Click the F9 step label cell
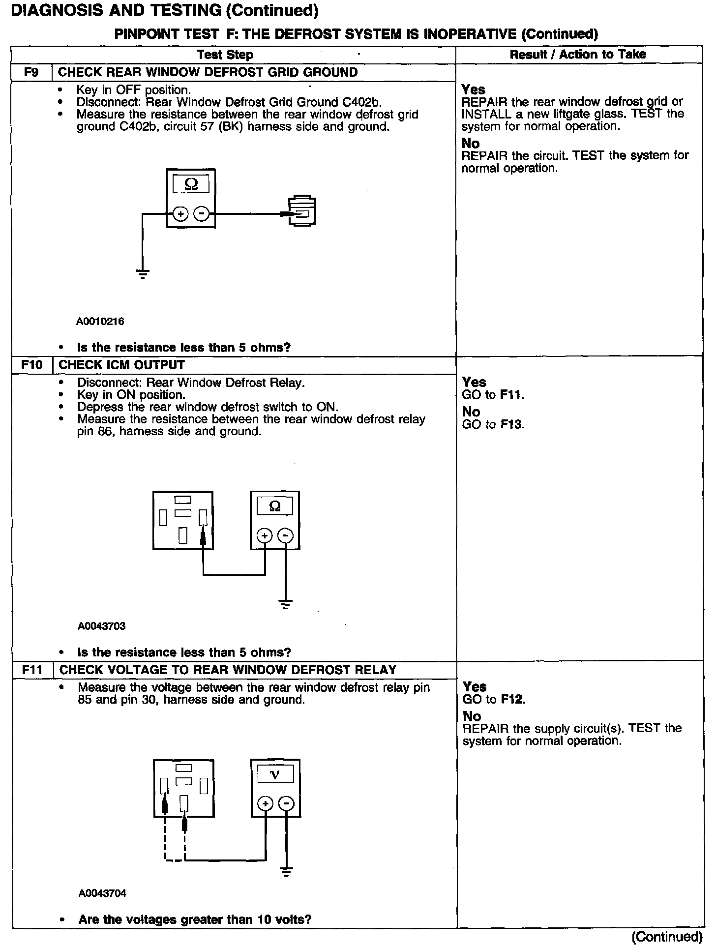click(x=31, y=72)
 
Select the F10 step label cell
click(x=31, y=365)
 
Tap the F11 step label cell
click(x=32, y=670)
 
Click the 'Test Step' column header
click(x=225, y=55)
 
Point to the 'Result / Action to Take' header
click(x=578, y=54)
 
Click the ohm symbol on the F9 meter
click(x=191, y=184)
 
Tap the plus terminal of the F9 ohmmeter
click(x=180, y=214)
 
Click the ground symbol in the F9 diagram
click(x=143, y=274)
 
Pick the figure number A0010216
click(x=100, y=322)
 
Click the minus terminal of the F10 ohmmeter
click(x=286, y=535)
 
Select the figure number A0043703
click(x=101, y=626)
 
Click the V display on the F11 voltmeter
click(x=275, y=775)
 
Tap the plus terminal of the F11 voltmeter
click(x=265, y=803)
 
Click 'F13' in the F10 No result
click(x=511, y=424)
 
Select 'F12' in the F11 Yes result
click(x=512, y=699)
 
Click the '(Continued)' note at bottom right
click(x=667, y=936)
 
